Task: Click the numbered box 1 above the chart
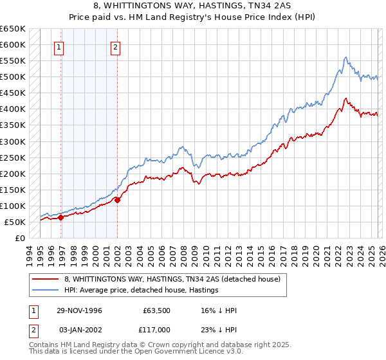[59, 46]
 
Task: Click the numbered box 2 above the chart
[115, 46]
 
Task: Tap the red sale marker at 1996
[61, 217]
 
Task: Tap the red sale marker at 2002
[118, 200]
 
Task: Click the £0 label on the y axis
[20, 238]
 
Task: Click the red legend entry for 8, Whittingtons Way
[172, 280]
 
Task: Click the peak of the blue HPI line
[345, 57]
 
